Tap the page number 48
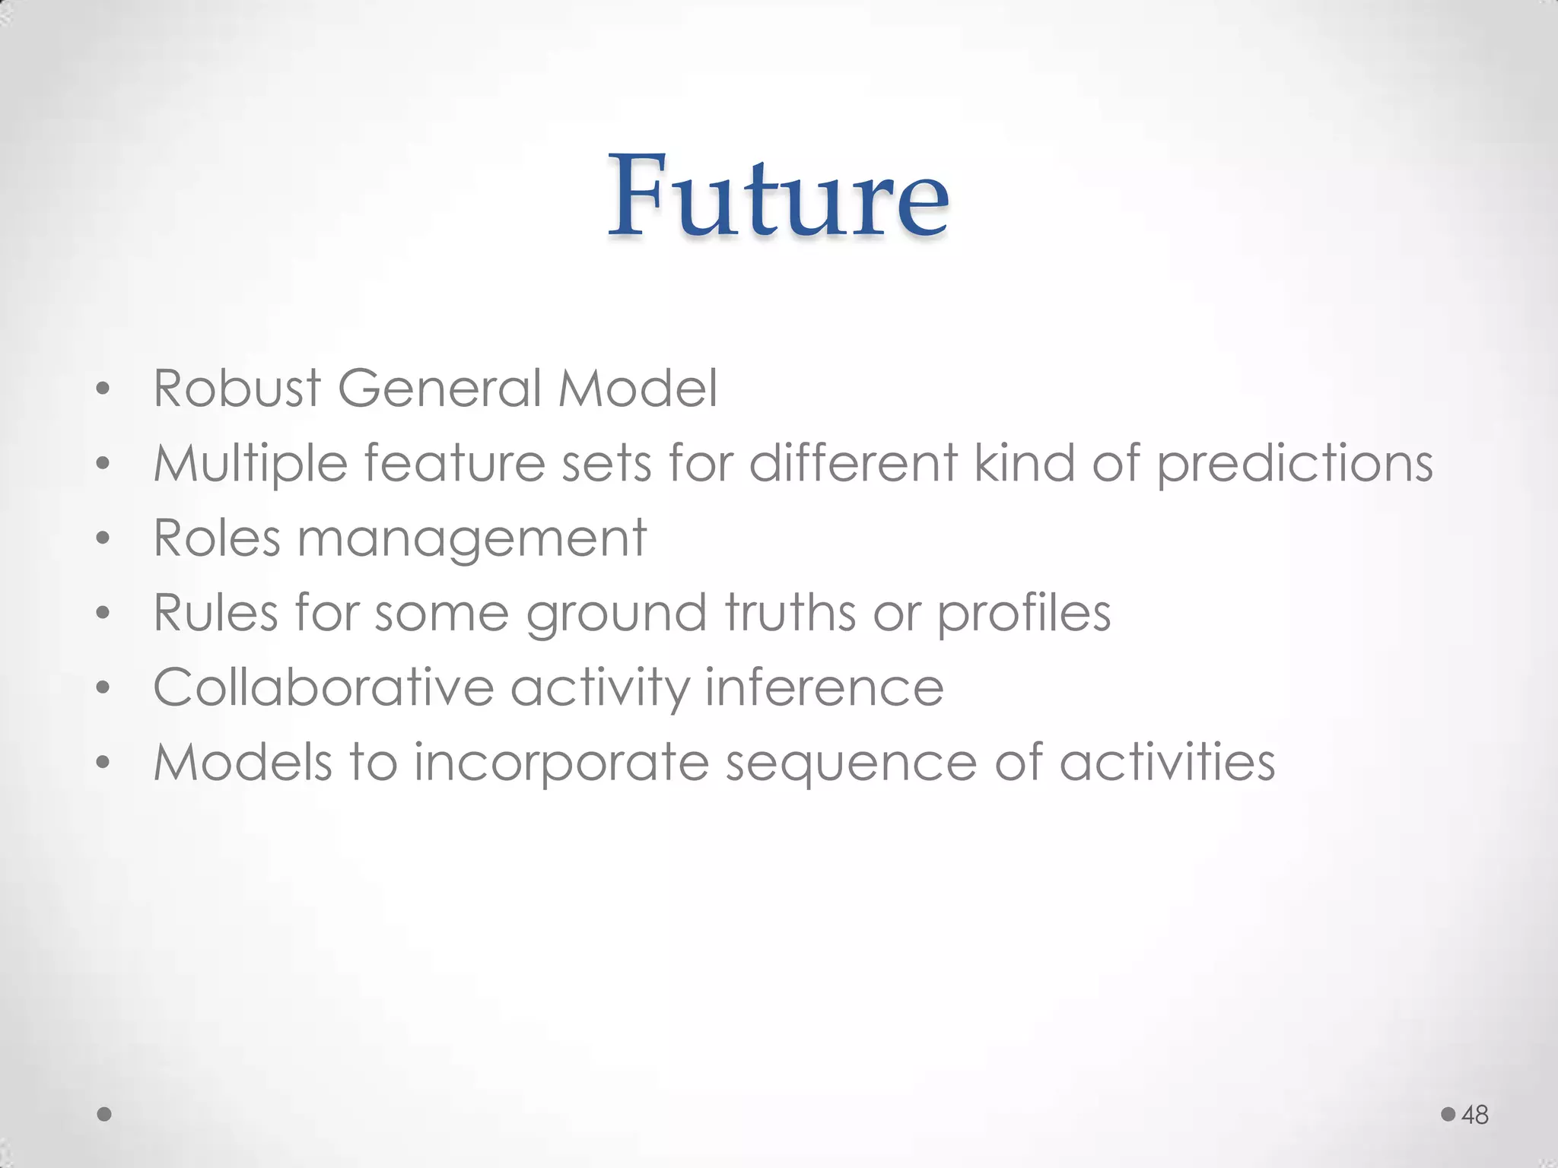tap(1475, 1115)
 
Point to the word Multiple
tap(250, 464)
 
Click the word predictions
tap(1295, 464)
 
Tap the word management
tap(472, 538)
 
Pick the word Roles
tap(217, 537)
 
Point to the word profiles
tap(1023, 613)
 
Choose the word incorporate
tap(561, 762)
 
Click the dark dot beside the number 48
tap(1448, 1114)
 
